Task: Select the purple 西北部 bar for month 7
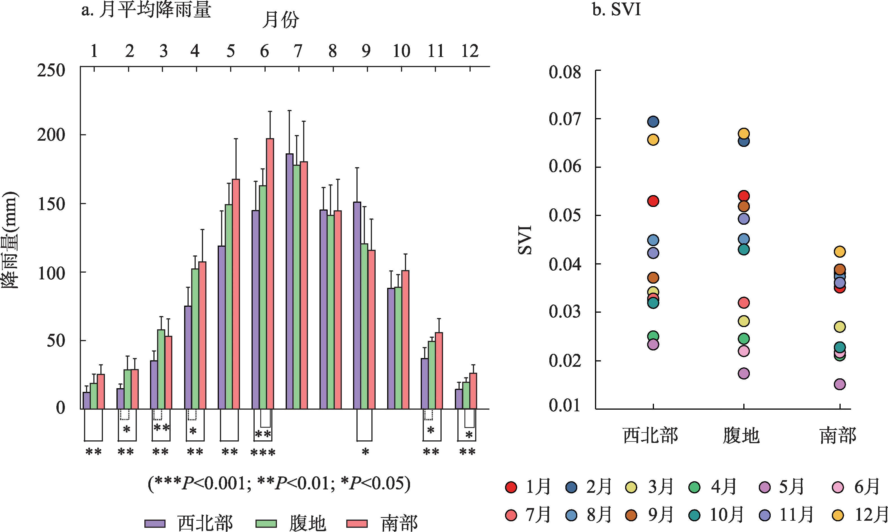[289, 281]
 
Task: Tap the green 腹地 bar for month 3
[161, 369]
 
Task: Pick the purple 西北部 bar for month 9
[357, 305]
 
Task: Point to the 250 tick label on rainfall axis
[51, 70]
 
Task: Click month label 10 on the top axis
[401, 51]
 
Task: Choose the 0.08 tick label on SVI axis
[565, 72]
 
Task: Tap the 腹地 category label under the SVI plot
[741, 436]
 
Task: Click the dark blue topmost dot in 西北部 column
[653, 122]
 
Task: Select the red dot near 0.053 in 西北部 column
[653, 201]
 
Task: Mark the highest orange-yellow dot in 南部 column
[839, 252]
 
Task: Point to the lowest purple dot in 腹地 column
[744, 374]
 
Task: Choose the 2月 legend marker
[571, 487]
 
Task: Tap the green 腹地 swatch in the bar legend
[266, 524]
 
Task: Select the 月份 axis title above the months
[280, 20]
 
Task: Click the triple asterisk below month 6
[263, 452]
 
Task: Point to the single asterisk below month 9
[365, 452]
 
